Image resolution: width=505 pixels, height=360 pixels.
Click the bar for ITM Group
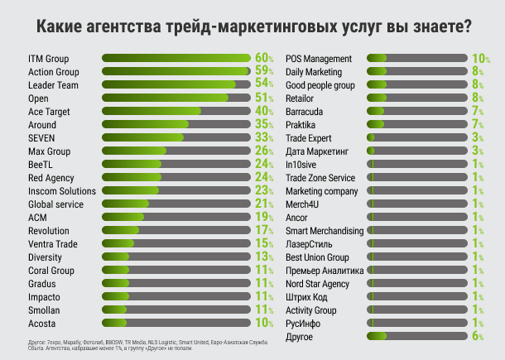[176, 59]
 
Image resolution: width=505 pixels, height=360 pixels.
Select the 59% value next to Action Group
[264, 72]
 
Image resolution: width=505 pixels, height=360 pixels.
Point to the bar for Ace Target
[176, 112]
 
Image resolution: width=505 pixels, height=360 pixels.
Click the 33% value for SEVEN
[264, 138]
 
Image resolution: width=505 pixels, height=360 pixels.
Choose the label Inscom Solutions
[62, 191]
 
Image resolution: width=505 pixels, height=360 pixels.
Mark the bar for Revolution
[176, 231]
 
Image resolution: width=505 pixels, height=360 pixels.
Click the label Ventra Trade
[53, 244]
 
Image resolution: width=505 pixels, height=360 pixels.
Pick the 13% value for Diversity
[264, 257]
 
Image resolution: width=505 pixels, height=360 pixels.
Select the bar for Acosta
[176, 324]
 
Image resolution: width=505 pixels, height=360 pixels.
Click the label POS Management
[319, 59]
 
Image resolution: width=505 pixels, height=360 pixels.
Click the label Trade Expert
[309, 138]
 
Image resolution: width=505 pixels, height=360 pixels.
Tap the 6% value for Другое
[478, 337]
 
